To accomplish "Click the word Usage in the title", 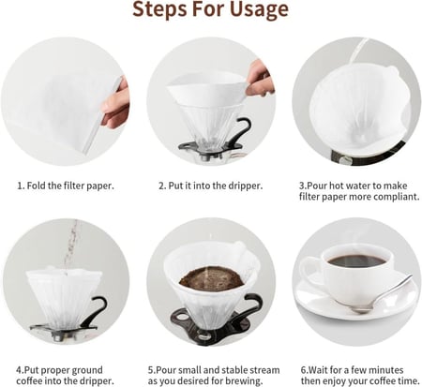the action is [259, 10].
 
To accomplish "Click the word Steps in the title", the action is [160, 10].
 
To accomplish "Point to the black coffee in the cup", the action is [357, 260].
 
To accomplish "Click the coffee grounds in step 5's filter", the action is [212, 278].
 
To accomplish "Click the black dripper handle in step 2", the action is [243, 131].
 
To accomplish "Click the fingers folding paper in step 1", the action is [114, 105].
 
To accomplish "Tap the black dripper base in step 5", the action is [210, 325].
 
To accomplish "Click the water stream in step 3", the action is [358, 50].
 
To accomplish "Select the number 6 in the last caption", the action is [304, 370].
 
